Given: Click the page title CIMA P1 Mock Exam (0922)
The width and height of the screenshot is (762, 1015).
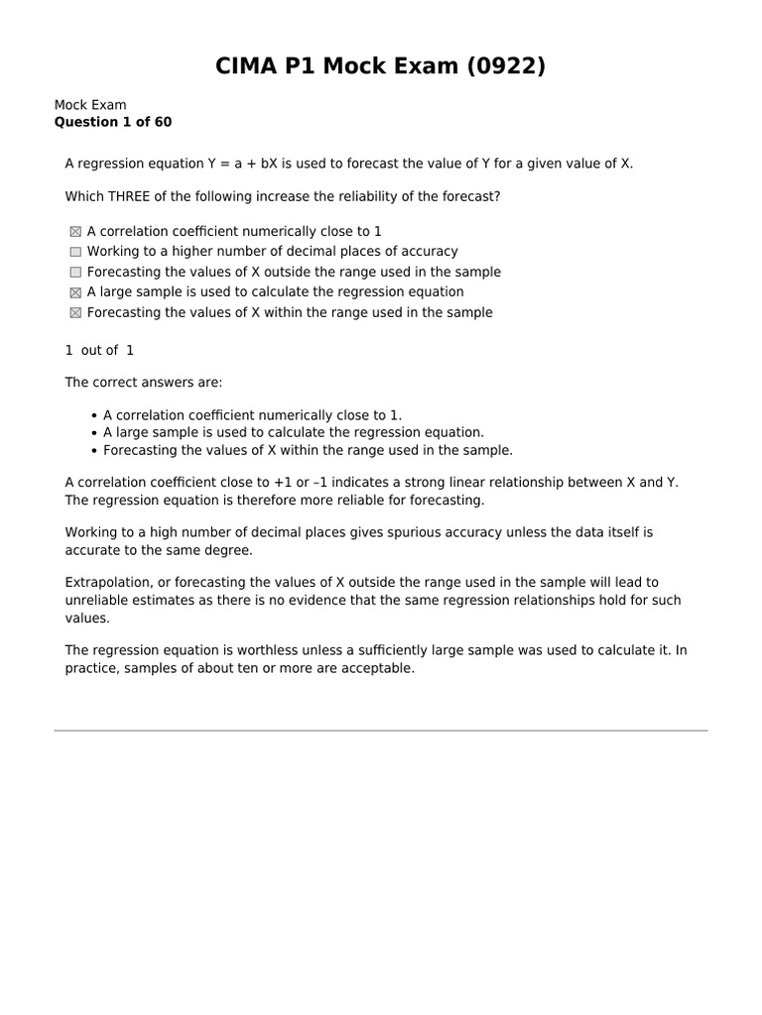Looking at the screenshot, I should pyautogui.click(x=381, y=66).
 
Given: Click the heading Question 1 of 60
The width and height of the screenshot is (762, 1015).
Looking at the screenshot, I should pyautogui.click(x=112, y=122).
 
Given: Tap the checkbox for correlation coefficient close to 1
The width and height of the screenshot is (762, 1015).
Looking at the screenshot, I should pyautogui.click(x=75, y=232).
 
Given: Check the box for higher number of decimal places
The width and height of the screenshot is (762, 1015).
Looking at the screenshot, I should pyautogui.click(x=75, y=252).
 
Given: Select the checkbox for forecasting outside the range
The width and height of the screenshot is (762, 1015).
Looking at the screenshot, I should pyautogui.click(x=75, y=273).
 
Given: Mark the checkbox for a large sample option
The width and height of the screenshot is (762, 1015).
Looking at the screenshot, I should pyautogui.click(x=75, y=292).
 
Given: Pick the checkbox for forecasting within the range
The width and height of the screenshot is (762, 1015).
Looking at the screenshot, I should pyautogui.click(x=75, y=313).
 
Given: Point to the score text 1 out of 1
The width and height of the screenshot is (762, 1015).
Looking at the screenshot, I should pyautogui.click(x=99, y=350).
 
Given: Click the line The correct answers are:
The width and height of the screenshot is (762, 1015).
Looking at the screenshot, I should pyautogui.click(x=144, y=382).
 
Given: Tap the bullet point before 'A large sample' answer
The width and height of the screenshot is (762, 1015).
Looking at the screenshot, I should pyautogui.click(x=93, y=433).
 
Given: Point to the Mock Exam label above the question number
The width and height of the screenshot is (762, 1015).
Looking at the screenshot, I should pyautogui.click(x=89, y=105).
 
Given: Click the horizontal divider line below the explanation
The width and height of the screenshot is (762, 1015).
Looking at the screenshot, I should pyautogui.click(x=381, y=732).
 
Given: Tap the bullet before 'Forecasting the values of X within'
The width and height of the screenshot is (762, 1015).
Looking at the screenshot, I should pyautogui.click(x=93, y=451).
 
